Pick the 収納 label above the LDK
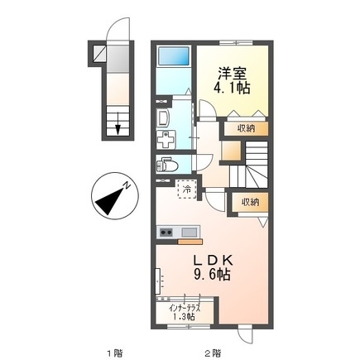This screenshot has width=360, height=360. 251,202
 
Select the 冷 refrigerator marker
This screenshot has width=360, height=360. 187,190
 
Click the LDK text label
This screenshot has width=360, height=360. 208,261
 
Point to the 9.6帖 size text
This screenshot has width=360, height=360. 208,276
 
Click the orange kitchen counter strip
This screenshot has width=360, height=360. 190,242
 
